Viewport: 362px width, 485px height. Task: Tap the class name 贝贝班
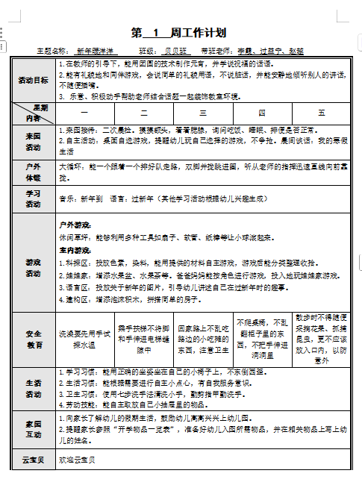point(175,51)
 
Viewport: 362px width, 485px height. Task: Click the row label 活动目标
point(34,81)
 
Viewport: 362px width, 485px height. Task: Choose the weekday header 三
point(203,113)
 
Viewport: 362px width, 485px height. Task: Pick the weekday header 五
point(321,113)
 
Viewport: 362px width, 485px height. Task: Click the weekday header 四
point(261,113)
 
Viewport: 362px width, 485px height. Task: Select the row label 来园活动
point(34,142)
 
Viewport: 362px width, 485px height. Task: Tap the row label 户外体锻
point(34,172)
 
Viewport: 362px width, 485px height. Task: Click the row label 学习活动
point(34,198)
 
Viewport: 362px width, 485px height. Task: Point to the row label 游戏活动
point(34,268)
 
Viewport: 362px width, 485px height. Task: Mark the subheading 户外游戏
point(75,224)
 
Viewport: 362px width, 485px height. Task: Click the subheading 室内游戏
point(75,251)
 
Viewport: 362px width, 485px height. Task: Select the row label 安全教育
point(34,339)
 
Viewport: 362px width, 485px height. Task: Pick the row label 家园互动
point(34,431)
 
